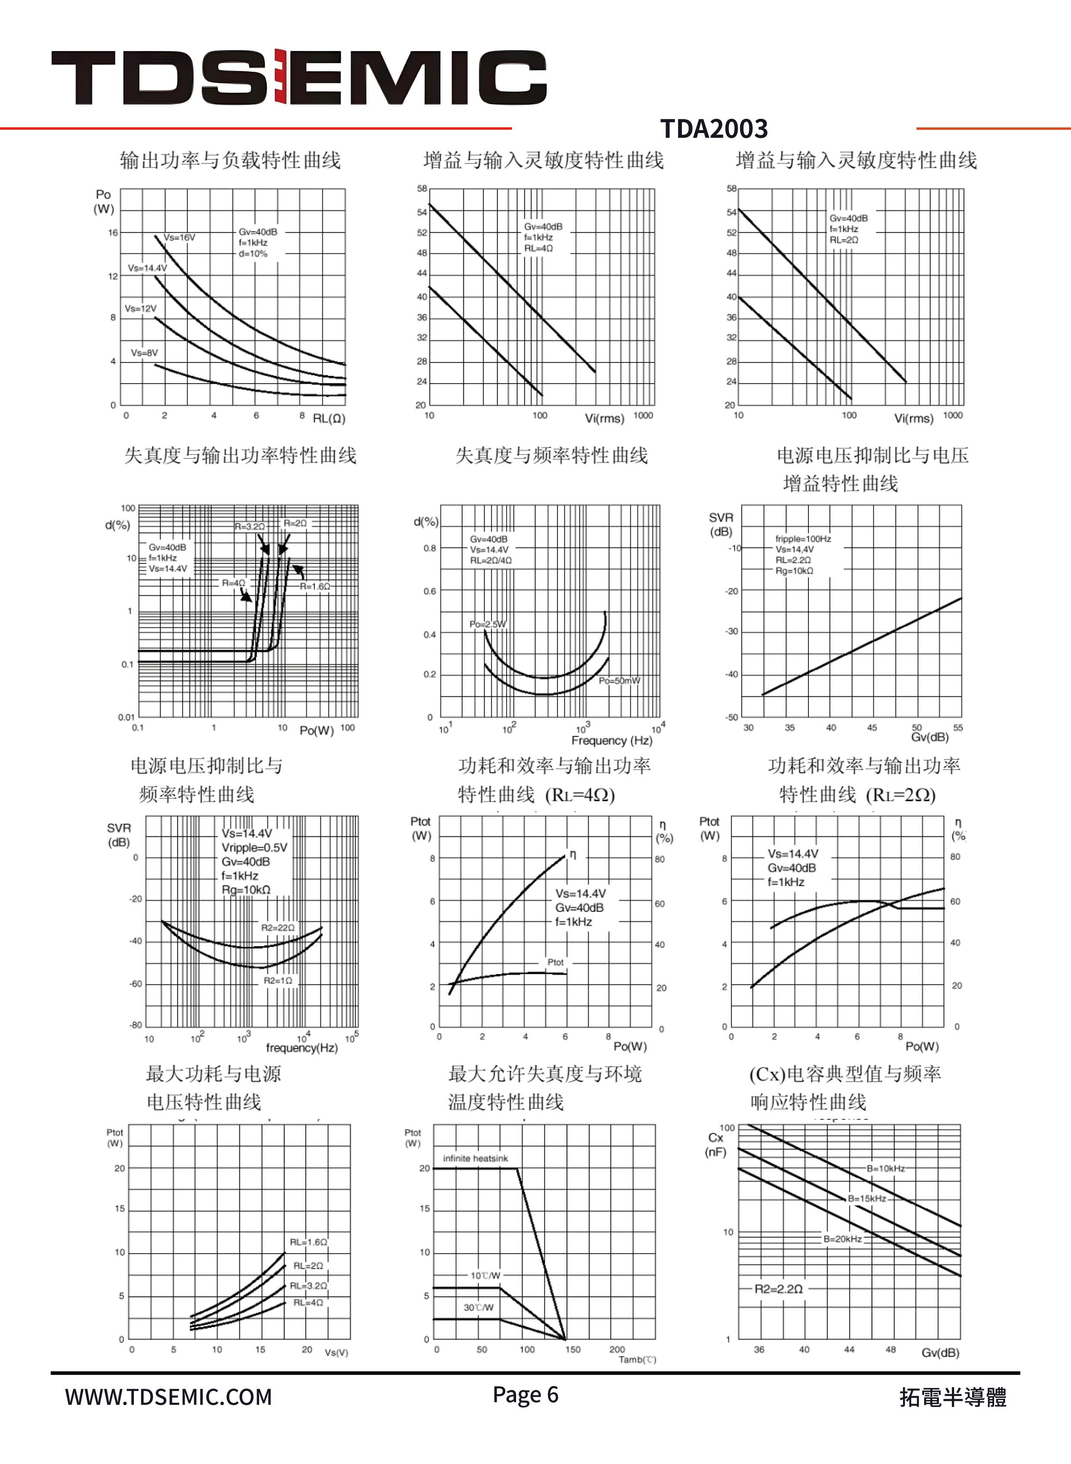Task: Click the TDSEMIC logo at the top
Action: pyautogui.click(x=298, y=77)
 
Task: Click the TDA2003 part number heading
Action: pyautogui.click(x=714, y=128)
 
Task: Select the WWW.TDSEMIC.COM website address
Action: pyautogui.click(x=168, y=1396)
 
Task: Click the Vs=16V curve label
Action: pyautogui.click(x=179, y=237)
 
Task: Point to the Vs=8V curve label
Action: pyautogui.click(x=144, y=353)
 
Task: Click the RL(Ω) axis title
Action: pyautogui.click(x=329, y=418)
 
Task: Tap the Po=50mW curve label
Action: pyautogui.click(x=619, y=680)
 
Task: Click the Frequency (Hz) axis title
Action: pyautogui.click(x=612, y=740)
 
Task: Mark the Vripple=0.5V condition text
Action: pyautogui.click(x=254, y=848)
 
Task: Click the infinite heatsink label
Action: pyautogui.click(x=475, y=1158)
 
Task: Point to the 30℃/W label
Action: pyautogui.click(x=478, y=1307)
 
